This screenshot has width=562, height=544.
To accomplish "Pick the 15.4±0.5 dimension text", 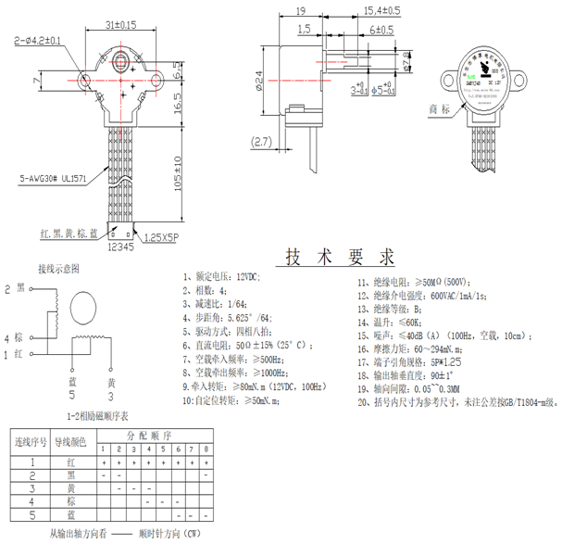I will [381, 10].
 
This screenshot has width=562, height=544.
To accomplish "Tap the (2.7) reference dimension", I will [261, 142].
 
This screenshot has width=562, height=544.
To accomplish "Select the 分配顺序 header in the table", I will [149, 433].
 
